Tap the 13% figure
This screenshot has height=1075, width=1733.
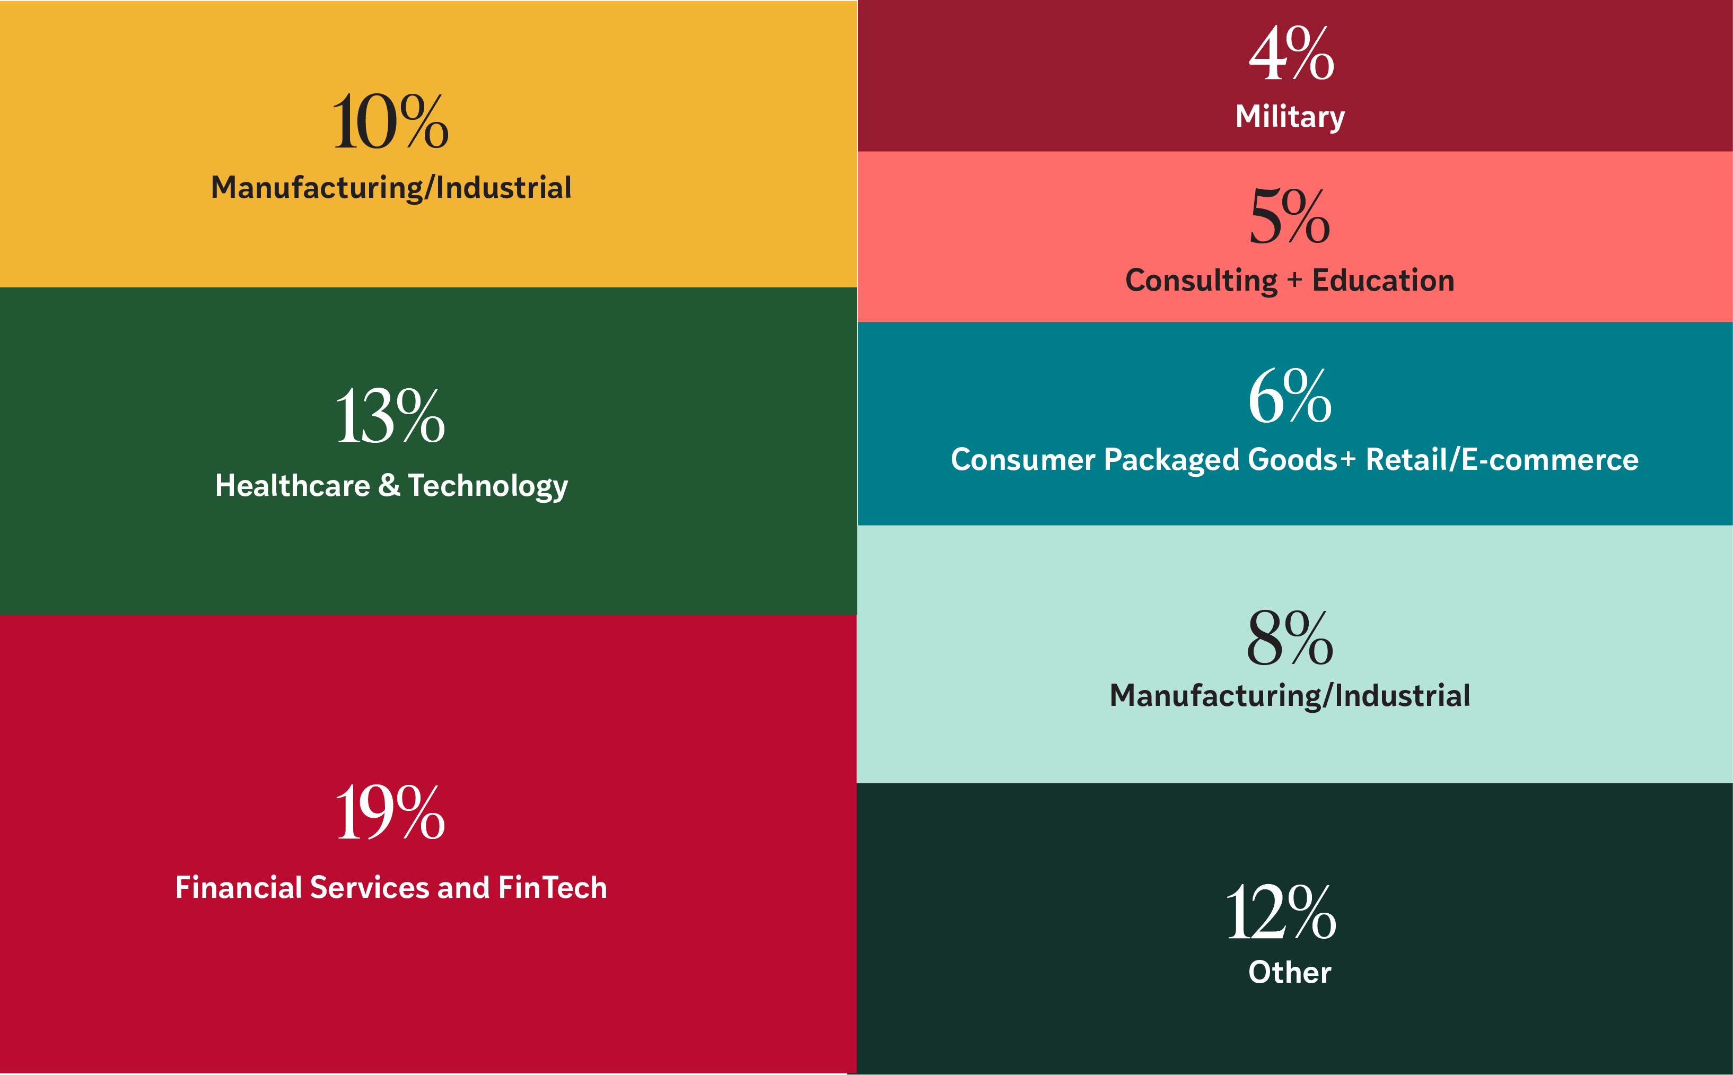click(390, 417)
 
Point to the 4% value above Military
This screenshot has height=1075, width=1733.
click(1291, 54)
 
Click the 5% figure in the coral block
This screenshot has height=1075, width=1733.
click(1290, 216)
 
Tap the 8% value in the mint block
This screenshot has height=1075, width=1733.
click(1290, 638)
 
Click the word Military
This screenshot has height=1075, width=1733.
click(1290, 117)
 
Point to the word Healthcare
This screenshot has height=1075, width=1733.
click(292, 486)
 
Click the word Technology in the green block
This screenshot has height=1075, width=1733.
click(488, 487)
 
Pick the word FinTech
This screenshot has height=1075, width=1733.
click(553, 887)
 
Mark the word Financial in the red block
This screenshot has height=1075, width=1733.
click(238, 887)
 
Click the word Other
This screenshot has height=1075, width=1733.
click(1290, 972)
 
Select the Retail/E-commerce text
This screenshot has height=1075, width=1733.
click(1501, 459)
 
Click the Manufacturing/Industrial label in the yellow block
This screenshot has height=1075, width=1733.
click(391, 188)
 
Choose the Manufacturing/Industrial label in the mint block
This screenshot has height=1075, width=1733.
click(1290, 695)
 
